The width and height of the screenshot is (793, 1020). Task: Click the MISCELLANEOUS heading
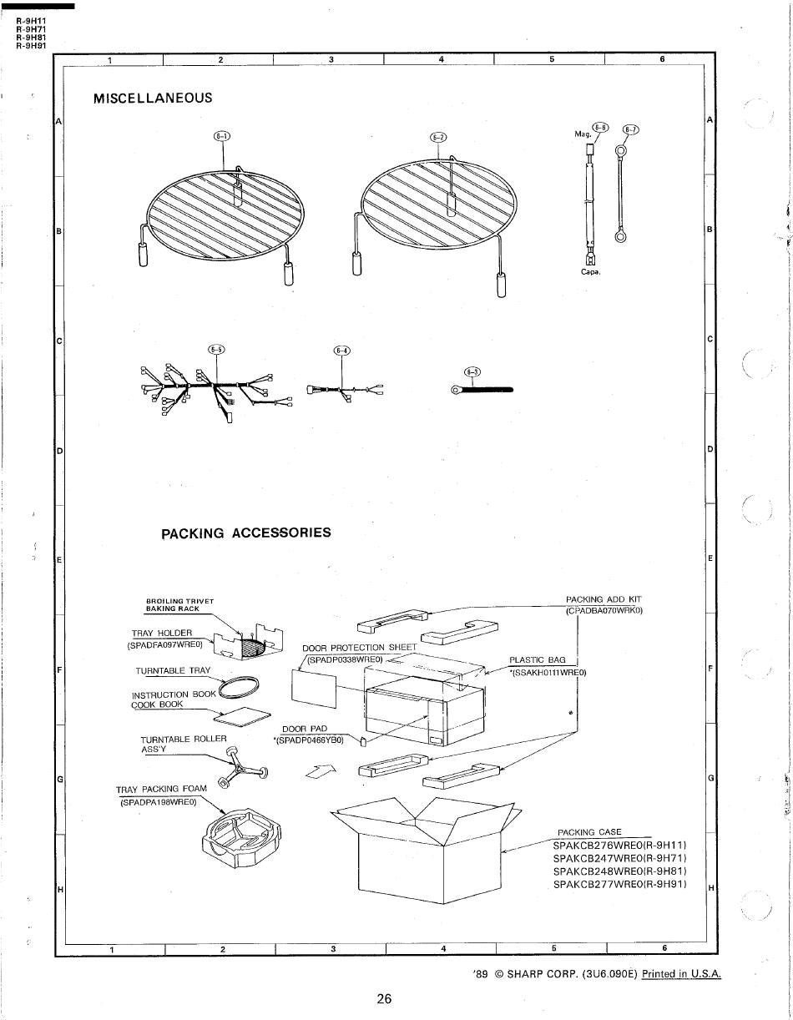[153, 98]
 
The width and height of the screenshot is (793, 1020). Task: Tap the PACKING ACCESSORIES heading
[246, 533]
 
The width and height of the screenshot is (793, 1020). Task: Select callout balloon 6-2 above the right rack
[438, 138]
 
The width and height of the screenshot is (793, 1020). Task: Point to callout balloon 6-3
[472, 372]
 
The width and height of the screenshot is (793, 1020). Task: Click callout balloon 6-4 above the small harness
[341, 351]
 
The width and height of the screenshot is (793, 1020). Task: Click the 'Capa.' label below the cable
[591, 272]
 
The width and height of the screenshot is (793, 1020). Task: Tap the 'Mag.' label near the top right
[583, 134]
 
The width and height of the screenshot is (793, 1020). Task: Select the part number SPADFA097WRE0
[164, 645]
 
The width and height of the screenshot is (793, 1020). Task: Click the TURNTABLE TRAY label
[173, 671]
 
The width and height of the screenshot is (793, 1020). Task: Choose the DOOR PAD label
[305, 729]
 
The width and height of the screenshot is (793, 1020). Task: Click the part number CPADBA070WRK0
[604, 611]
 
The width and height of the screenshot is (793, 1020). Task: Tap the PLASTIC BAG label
[538, 660]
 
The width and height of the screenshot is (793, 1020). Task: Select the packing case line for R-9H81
[620, 871]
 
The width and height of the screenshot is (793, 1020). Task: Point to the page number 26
[384, 999]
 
